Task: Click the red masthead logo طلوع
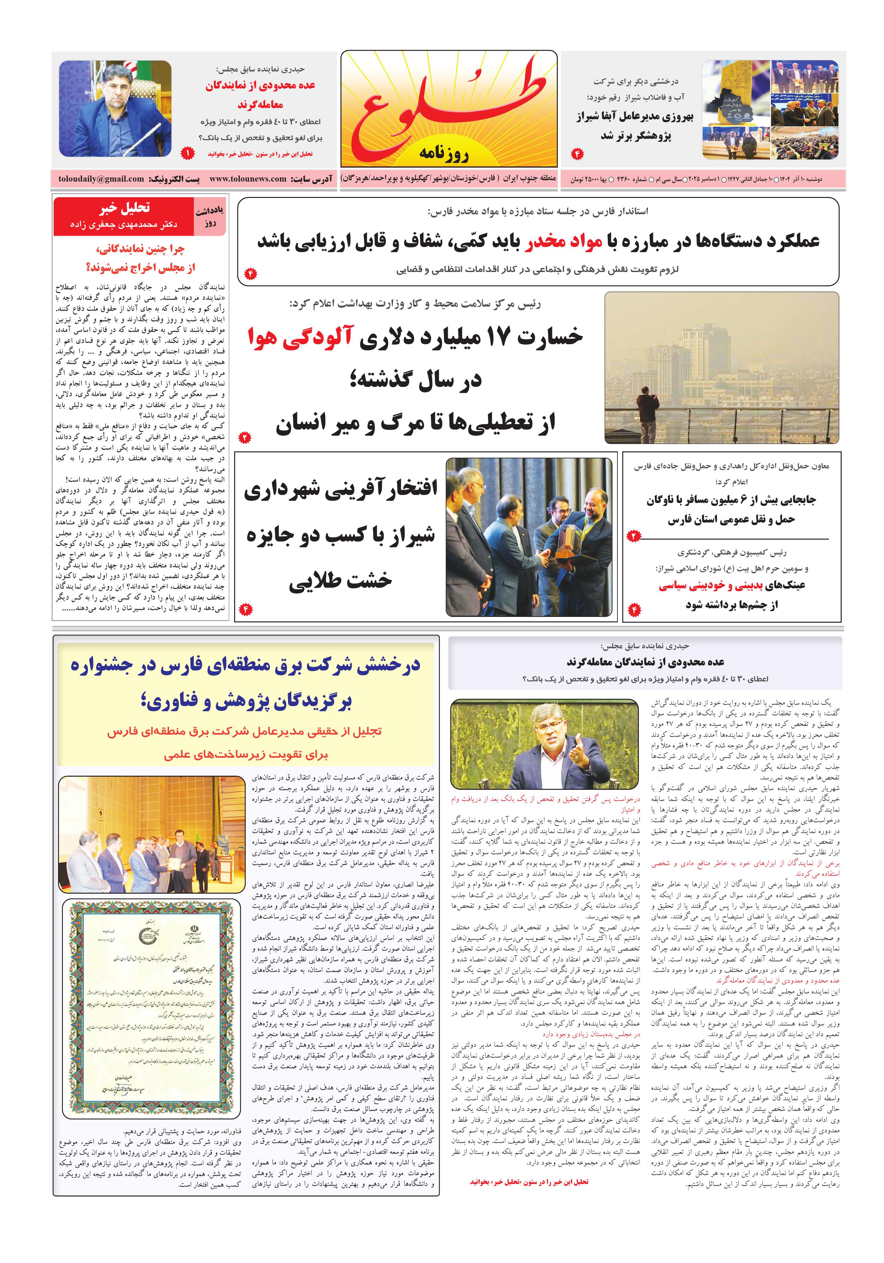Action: [x=448, y=105]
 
